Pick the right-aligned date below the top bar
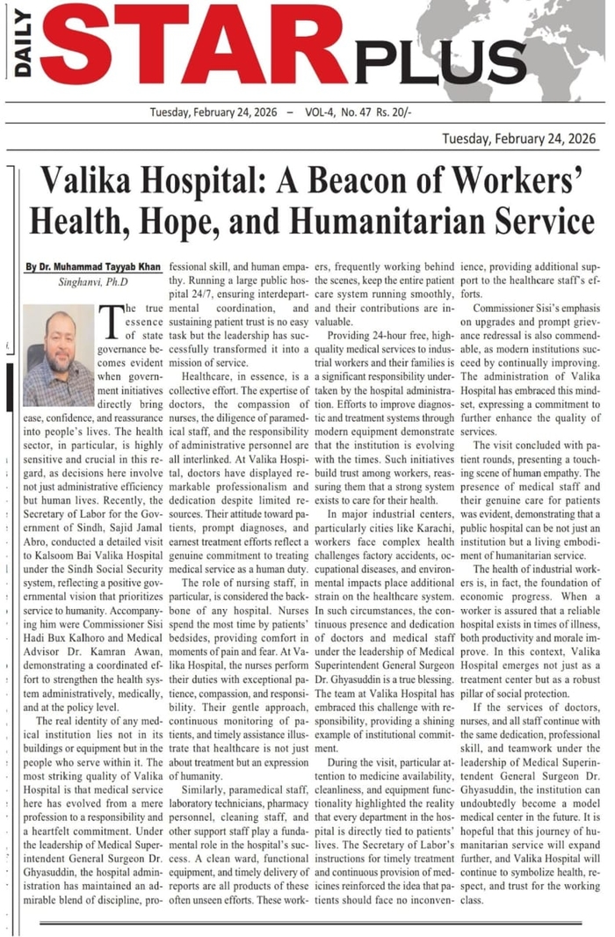[x=518, y=139]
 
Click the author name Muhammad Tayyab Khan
[x=95, y=266]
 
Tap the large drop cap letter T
[x=113, y=323]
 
